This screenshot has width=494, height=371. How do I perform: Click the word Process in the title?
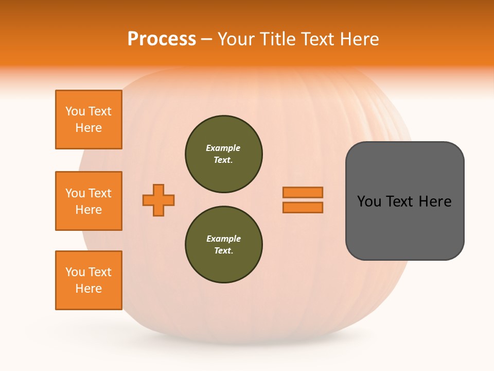click(x=162, y=39)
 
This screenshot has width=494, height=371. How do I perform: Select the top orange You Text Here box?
click(x=89, y=120)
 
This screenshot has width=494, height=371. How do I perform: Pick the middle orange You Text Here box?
click(x=89, y=201)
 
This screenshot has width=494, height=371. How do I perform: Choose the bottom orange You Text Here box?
click(x=89, y=280)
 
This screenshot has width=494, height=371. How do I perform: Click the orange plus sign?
click(x=158, y=200)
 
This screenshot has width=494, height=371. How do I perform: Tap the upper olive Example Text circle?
click(x=223, y=154)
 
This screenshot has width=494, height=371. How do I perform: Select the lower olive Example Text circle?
click(x=223, y=244)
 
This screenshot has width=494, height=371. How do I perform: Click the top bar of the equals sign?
click(x=303, y=192)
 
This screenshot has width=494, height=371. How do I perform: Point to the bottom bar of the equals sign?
click(x=303, y=207)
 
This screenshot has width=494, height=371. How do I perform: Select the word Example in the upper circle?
click(x=223, y=148)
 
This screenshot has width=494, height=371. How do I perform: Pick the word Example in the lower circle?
click(x=223, y=239)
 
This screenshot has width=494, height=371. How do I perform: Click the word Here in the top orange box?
click(x=89, y=128)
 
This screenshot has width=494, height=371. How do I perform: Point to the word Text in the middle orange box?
click(x=100, y=193)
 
